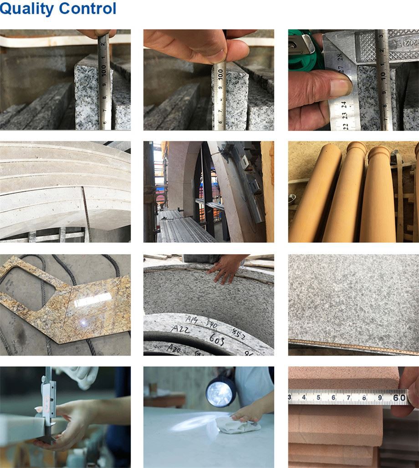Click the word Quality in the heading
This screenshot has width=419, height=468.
click(27, 9)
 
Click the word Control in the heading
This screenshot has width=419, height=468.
click(88, 8)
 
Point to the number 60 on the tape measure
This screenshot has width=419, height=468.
click(399, 397)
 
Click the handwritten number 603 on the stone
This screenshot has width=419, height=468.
click(218, 338)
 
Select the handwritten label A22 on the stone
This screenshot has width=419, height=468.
click(181, 329)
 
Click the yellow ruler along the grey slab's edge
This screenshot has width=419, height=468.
click(353, 346)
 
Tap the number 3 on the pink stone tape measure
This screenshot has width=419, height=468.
click(290, 397)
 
